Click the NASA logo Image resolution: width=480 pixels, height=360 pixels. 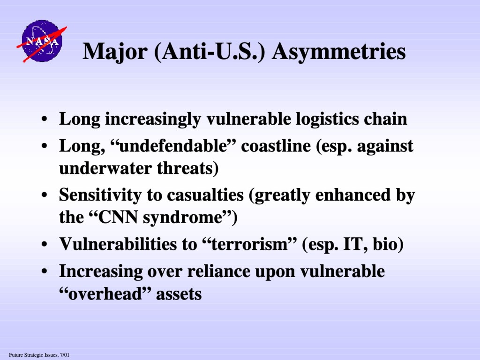tap(42, 41)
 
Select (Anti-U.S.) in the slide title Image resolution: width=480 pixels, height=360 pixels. tap(210, 52)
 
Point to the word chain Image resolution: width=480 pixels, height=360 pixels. tap(385, 119)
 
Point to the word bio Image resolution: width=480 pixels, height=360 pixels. tap(388, 244)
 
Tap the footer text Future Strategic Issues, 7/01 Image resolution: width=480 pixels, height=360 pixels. tap(39, 355)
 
